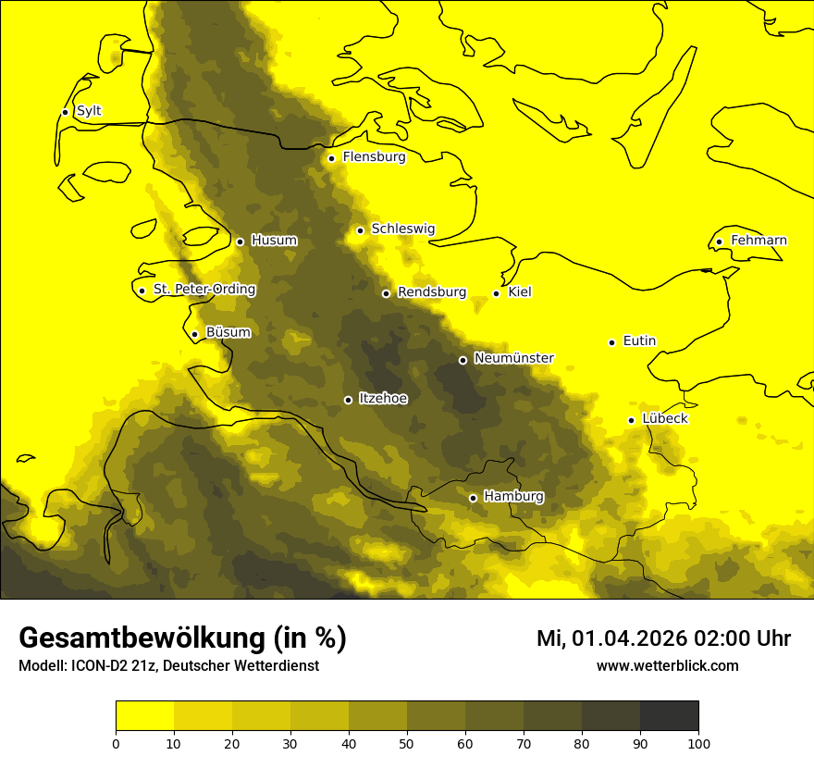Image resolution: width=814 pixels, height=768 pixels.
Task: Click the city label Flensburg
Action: (374, 157)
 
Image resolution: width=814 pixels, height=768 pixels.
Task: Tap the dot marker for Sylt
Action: (65, 112)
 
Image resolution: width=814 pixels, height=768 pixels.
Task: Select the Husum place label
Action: (274, 241)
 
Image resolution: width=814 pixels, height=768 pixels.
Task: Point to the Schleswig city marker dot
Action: (360, 230)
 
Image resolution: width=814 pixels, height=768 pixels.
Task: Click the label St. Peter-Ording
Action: (203, 290)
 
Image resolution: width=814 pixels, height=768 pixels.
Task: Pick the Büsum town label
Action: (228, 332)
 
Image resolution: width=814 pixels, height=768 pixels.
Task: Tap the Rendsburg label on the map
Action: (432, 292)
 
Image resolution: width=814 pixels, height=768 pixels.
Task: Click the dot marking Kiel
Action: (496, 293)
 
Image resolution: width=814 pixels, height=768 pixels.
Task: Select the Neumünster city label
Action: (513, 358)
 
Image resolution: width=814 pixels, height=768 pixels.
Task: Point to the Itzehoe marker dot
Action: (348, 400)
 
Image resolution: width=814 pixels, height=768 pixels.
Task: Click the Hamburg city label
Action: (513, 497)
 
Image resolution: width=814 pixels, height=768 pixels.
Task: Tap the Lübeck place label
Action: (665, 419)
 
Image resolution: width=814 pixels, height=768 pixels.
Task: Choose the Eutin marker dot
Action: (611, 342)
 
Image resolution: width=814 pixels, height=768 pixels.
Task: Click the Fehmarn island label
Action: (758, 241)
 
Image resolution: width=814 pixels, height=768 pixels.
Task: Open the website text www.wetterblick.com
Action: (667, 666)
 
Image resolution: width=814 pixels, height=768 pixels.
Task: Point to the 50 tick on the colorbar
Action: (407, 742)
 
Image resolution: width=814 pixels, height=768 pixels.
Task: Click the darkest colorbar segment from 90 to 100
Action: (669, 716)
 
